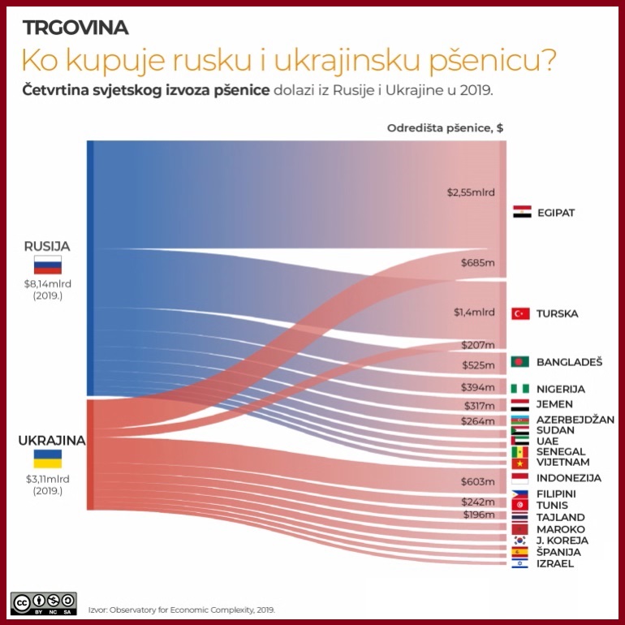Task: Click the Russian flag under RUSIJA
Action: pos(47,265)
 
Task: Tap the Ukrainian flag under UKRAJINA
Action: pos(47,459)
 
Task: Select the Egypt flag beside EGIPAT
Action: pos(521,213)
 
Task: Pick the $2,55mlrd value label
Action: pos(471,193)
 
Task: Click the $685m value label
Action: pos(477,263)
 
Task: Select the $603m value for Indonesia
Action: pos(477,481)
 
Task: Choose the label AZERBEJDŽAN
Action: pos(575,420)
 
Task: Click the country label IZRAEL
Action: pos(555,563)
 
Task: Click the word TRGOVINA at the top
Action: pos(75,28)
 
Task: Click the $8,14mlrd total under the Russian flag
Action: pos(47,284)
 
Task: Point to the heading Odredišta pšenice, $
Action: pos(445,128)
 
